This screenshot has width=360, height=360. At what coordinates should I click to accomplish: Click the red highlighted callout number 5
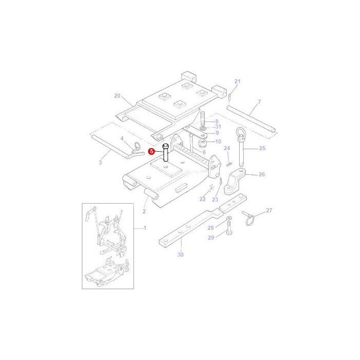click(151, 151)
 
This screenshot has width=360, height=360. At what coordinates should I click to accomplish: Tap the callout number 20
click(117, 96)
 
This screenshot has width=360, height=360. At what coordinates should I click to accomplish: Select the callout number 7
click(259, 102)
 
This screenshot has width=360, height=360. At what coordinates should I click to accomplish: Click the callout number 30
click(180, 255)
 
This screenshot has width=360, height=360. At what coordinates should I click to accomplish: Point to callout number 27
click(268, 211)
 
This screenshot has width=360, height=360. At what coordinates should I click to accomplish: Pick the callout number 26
click(261, 174)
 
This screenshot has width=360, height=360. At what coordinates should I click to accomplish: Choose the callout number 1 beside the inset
click(145, 227)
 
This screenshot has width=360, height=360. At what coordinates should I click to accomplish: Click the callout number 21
click(237, 82)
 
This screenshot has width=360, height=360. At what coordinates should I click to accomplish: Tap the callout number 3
click(100, 162)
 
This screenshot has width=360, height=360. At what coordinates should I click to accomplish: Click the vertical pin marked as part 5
click(166, 154)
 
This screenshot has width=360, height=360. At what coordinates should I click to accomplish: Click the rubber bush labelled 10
click(203, 141)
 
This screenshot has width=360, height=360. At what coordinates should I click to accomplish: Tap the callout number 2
click(144, 211)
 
